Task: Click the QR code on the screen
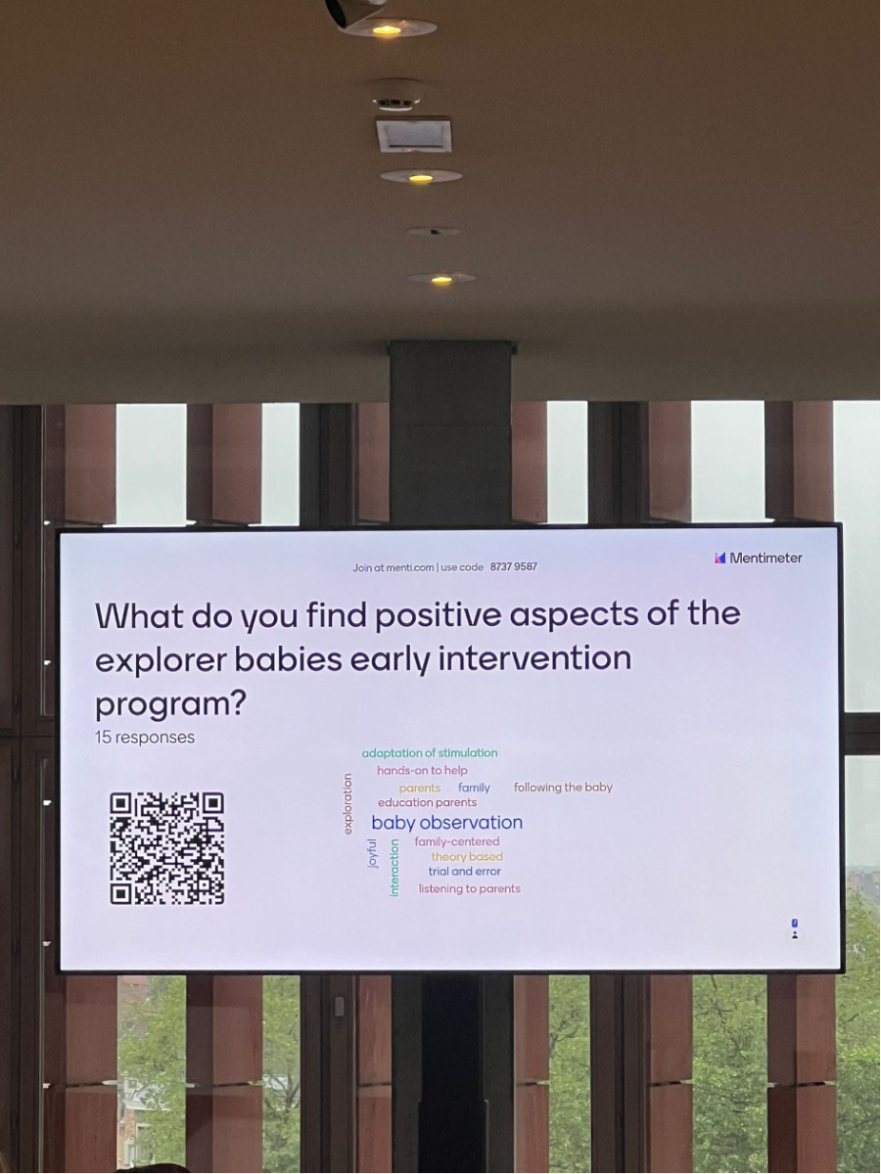[x=166, y=849]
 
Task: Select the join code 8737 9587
[x=514, y=566]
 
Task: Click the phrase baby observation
[x=446, y=822]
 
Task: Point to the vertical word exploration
[x=348, y=804]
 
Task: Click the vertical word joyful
[x=373, y=854]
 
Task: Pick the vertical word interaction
[x=394, y=868]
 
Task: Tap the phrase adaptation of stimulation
[x=430, y=753]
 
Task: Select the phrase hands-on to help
[x=422, y=770]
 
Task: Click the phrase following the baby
[x=563, y=788]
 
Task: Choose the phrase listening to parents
[x=469, y=888]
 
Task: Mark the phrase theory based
[x=467, y=856]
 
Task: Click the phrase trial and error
[x=464, y=872]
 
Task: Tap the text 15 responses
[x=145, y=737]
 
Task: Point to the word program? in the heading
[x=170, y=704]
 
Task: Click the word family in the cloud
[x=474, y=788]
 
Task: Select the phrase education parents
[x=427, y=802]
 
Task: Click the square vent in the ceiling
[x=413, y=134]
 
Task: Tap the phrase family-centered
[x=457, y=841]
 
